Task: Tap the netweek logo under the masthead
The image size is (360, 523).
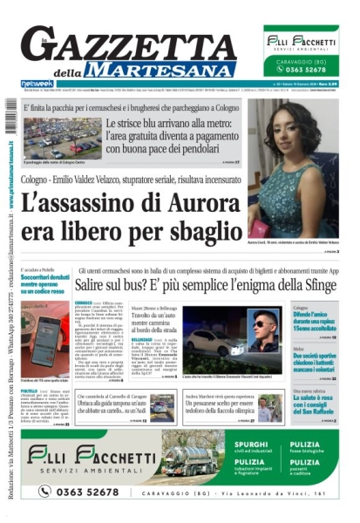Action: click(35, 83)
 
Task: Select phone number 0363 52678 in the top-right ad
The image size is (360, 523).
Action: click(312, 71)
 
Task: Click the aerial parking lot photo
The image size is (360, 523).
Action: click(62, 136)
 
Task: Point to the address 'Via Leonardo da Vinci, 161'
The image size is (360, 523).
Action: click(278, 492)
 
